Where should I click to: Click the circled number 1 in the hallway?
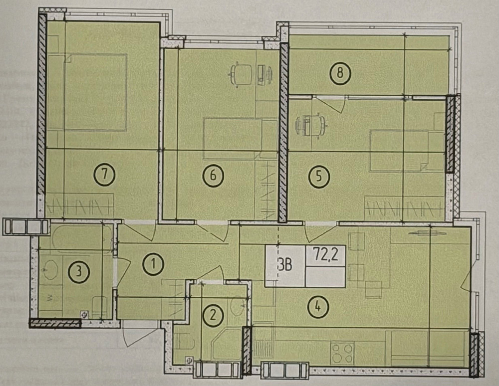point(153,264)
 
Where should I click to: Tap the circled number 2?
point(213,315)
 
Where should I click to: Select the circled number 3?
point(79,272)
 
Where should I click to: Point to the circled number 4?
point(318,307)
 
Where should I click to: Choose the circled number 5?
point(319,176)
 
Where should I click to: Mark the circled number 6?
point(213,175)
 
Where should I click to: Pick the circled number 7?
point(104,175)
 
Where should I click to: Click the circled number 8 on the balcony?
point(340,73)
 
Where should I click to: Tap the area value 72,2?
point(325,255)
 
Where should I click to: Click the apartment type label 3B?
point(284,265)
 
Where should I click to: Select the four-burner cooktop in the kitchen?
point(342,354)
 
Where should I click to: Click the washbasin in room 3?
point(49,270)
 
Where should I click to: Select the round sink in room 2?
point(238,306)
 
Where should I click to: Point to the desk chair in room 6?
point(242,75)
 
